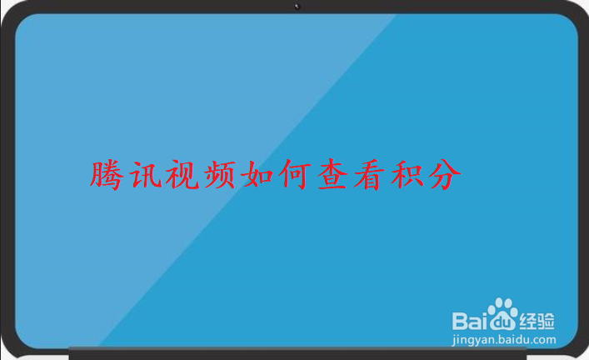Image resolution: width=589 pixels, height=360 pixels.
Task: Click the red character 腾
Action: click(x=106, y=174)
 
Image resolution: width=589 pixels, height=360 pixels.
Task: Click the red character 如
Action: click(x=262, y=174)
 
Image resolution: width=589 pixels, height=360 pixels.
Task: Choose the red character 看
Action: click(x=377, y=174)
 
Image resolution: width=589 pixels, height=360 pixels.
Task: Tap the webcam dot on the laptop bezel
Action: click(x=297, y=7)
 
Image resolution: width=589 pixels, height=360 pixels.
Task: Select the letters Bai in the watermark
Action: click(x=469, y=321)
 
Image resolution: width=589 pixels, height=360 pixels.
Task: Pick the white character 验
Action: click(x=547, y=320)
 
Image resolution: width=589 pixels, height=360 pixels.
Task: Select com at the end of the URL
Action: click(x=543, y=339)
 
